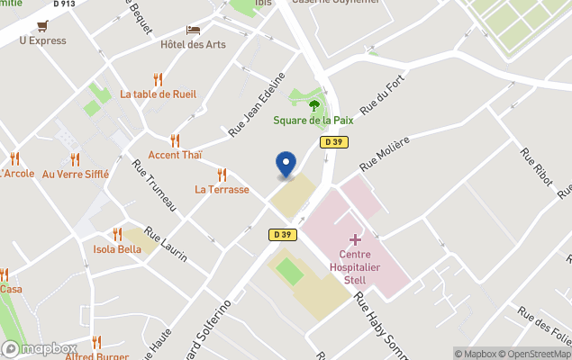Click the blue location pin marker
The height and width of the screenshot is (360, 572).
(x=286, y=164)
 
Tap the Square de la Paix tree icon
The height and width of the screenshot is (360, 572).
(x=314, y=104)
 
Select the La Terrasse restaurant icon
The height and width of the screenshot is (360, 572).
(x=222, y=175)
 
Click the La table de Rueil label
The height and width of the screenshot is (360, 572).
(x=159, y=94)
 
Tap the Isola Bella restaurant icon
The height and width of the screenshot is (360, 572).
(x=117, y=234)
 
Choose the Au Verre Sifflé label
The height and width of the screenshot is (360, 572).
(x=76, y=174)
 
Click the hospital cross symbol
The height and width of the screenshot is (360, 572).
(x=355, y=239)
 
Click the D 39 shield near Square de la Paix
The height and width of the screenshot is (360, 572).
(x=332, y=142)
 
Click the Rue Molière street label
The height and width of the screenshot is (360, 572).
(x=385, y=153)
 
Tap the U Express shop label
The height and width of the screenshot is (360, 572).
(x=42, y=40)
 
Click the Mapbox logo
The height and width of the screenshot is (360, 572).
(x=40, y=349)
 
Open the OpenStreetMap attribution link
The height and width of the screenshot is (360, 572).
(x=537, y=354)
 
